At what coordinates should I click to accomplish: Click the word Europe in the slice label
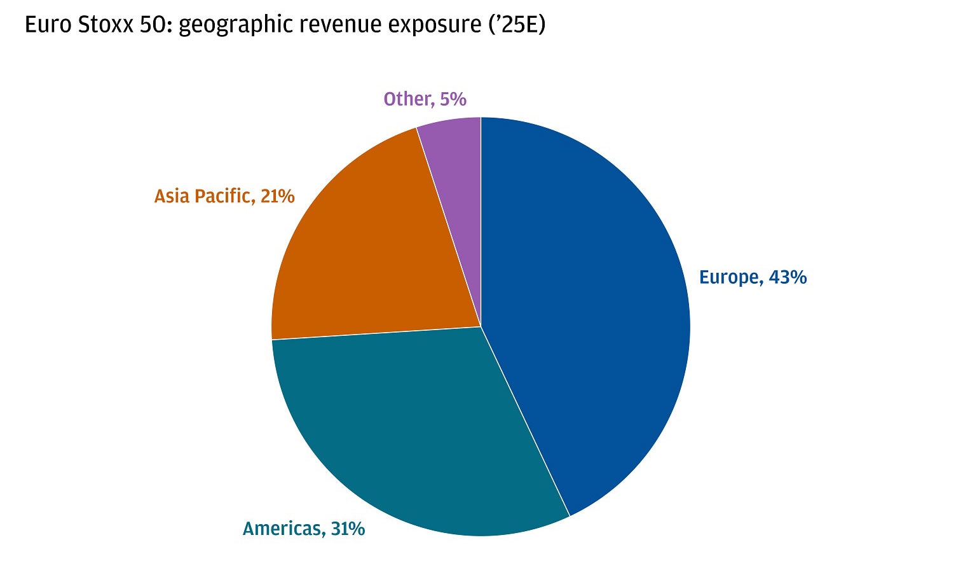tap(729, 277)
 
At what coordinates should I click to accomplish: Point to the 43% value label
tap(788, 277)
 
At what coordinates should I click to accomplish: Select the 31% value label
tap(348, 529)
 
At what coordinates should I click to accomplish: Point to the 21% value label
tap(278, 196)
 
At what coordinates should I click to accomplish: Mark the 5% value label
tap(453, 99)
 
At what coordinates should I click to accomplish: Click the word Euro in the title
tap(46, 25)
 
